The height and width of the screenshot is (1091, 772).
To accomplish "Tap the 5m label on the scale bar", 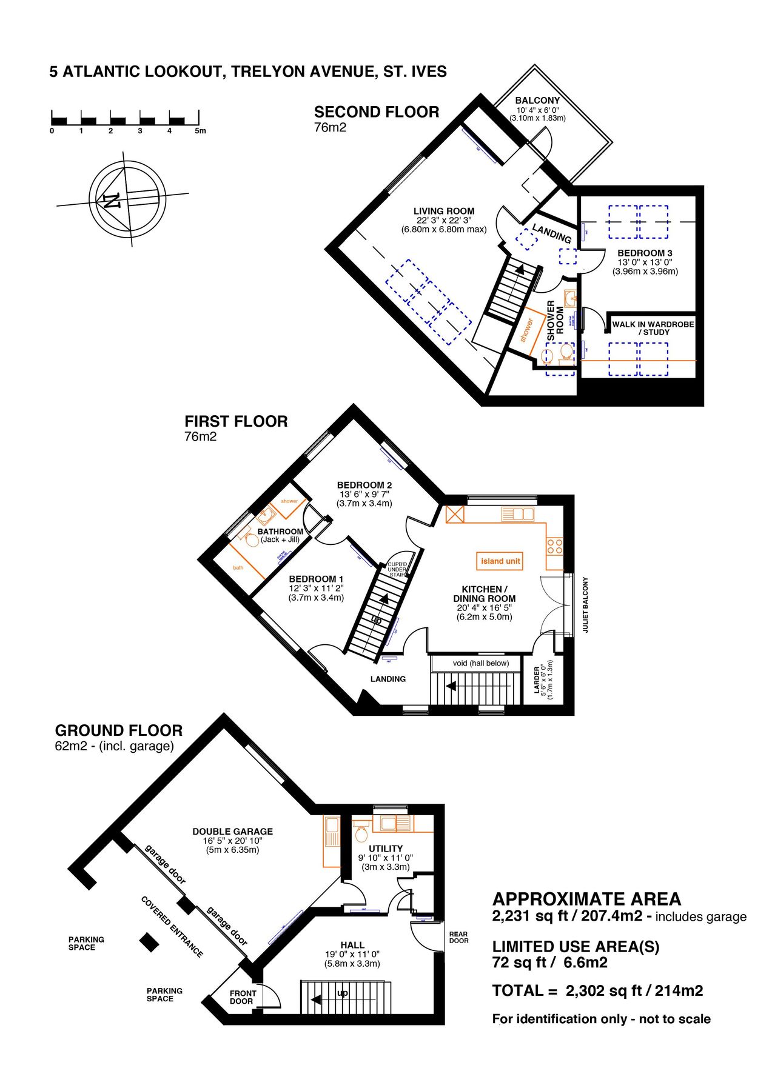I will coord(200,131).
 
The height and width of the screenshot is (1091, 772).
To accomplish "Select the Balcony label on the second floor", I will coord(537,101).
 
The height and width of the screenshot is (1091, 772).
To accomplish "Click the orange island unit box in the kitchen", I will coord(500,561).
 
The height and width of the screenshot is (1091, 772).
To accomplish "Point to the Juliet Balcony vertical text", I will coord(586,605).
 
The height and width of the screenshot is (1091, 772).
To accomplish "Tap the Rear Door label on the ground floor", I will coord(458,937).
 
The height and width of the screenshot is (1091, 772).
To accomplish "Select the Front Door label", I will coord(243,997).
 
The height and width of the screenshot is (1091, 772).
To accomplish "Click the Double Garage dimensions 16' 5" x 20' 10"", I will coord(232,841).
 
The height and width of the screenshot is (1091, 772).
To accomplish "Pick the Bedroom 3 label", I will coord(645,253).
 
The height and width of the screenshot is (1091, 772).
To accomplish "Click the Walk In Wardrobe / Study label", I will coord(653,328).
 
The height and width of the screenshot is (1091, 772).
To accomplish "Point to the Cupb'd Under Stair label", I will coord(397,570).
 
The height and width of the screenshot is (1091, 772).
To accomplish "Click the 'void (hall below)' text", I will coord(480,663).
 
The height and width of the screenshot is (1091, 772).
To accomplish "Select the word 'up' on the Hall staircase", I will coord(343,993).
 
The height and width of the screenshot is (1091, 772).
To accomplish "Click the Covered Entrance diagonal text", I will coord(172,927).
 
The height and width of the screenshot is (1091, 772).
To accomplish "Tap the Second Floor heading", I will coord(376,112).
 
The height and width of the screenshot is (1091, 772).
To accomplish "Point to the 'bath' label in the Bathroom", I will coord(238,567).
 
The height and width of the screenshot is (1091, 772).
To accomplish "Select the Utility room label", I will coord(386,849).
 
